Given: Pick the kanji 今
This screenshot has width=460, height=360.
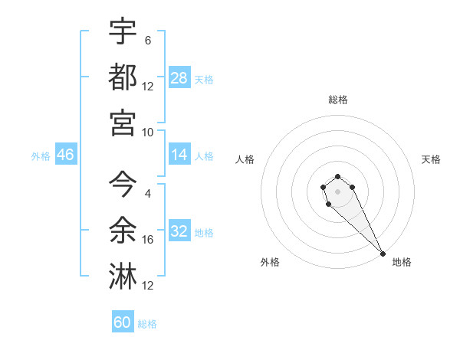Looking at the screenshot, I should (x=123, y=185).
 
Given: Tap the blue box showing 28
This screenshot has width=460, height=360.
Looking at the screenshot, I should (x=179, y=78).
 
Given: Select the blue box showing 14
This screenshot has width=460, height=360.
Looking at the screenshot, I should (x=179, y=155).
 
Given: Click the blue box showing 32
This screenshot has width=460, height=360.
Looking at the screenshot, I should (x=179, y=231).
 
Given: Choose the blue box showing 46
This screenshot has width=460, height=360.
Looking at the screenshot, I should (x=65, y=155).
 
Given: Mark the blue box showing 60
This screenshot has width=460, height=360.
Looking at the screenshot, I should (x=123, y=322).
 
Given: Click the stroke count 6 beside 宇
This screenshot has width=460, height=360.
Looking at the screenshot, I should (x=147, y=41).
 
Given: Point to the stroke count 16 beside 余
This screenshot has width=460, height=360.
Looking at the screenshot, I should (x=148, y=240).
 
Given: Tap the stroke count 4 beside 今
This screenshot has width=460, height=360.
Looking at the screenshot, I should (x=147, y=194).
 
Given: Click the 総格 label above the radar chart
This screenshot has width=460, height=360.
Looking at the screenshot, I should (x=337, y=100).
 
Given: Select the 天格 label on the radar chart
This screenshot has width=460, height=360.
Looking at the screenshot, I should (x=431, y=159).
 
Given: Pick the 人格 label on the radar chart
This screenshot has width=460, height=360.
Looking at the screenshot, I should (x=245, y=159).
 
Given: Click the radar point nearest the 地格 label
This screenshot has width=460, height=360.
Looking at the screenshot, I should (x=383, y=254).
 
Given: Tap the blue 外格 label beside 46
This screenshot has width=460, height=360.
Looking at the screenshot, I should (x=41, y=156).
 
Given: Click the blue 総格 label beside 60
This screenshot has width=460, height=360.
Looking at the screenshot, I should (x=147, y=324).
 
